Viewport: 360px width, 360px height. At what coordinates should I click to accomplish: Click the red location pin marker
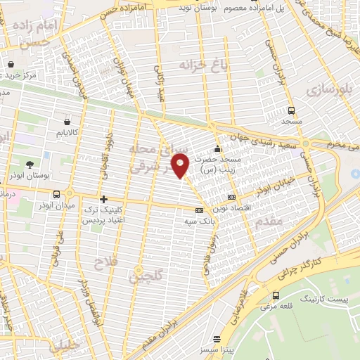181,165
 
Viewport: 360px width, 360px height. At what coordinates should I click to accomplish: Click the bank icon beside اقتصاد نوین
232,196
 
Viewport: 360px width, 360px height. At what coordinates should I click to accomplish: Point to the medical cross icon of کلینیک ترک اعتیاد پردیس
104,199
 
